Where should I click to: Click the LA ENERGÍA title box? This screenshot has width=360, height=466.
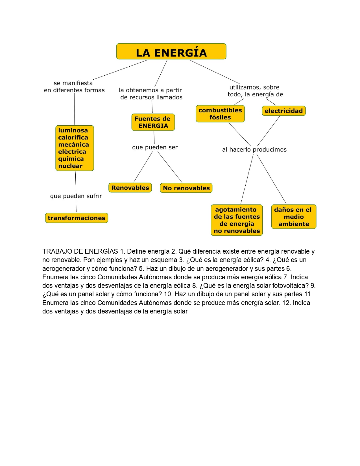171,51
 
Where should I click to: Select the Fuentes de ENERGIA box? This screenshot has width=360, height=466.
153,122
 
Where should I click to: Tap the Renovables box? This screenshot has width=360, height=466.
130,188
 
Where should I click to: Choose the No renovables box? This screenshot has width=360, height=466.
186,188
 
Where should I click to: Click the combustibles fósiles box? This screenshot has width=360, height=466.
220,114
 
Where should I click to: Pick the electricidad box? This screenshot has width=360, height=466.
283,111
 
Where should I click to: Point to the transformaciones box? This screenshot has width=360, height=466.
77,218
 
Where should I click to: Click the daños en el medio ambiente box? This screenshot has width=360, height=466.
294,217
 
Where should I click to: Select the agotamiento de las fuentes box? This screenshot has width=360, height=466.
237,220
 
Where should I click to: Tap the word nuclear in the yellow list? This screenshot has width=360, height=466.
70,166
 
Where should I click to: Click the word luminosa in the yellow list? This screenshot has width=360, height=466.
73,130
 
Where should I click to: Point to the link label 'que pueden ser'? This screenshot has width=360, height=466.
155,147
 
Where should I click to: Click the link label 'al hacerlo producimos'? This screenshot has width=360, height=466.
254,150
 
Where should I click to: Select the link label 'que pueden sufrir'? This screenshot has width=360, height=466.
76,196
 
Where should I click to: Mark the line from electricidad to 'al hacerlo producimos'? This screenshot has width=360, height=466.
268,131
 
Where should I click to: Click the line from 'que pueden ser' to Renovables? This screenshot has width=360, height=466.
143,167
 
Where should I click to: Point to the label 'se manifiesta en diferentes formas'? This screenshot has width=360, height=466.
74,87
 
